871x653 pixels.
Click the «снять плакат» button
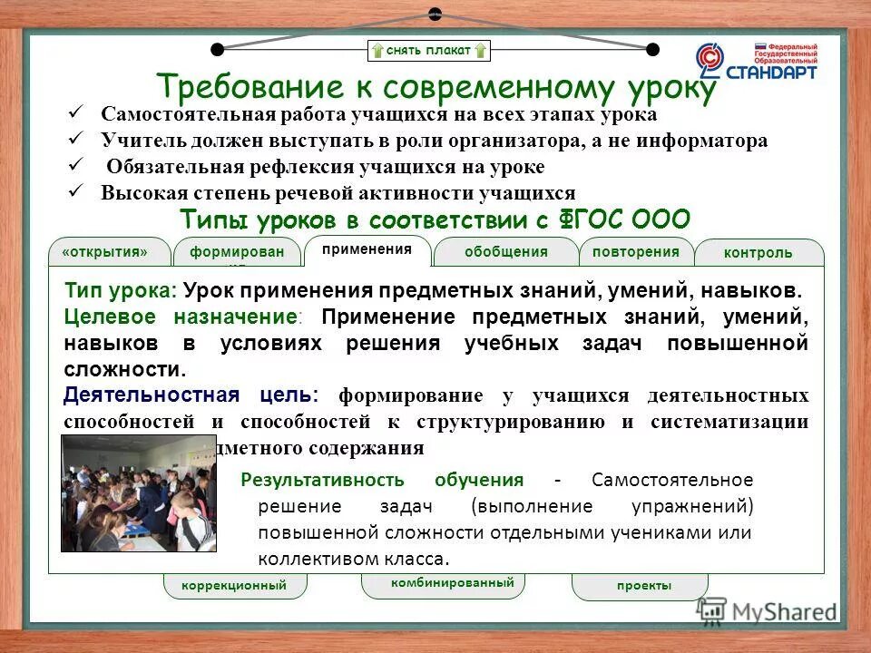[429, 50]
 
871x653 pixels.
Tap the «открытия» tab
[104, 251]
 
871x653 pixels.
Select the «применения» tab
[367, 249]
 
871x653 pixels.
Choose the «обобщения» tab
[505, 251]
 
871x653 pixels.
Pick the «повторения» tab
[635, 251]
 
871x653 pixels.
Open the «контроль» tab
[758, 253]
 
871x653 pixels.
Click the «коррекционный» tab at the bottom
[234, 586]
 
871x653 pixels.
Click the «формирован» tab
[237, 252]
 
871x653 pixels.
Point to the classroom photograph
[138, 492]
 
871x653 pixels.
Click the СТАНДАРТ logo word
[774, 71]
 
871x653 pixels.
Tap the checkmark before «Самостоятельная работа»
[77, 113]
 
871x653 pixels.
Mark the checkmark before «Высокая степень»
[77, 191]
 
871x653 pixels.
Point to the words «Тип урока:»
[121, 291]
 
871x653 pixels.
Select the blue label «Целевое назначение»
[181, 317]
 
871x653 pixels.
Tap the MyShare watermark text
[783, 611]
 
